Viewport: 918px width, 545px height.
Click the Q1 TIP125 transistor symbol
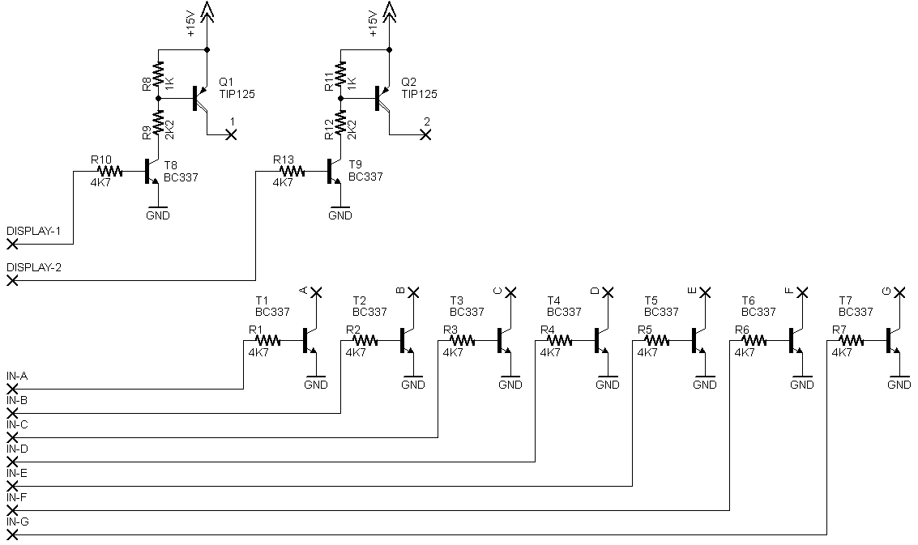[201, 98]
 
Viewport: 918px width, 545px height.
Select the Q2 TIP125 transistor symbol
[383, 98]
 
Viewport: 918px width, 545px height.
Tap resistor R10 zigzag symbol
[109, 172]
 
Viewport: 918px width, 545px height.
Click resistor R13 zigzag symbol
[292, 172]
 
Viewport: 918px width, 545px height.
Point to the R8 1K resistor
[158, 77]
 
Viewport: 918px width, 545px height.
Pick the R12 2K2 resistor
[341, 124]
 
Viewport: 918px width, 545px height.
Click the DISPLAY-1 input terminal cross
[12, 244]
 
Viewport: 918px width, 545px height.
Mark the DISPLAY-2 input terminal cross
[12, 280]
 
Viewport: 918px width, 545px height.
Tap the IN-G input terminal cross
[12, 535]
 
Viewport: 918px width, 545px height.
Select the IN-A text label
[17, 376]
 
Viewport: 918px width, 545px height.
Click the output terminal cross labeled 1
[232, 135]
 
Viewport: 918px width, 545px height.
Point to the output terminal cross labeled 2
[426, 135]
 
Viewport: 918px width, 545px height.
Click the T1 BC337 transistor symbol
[310, 341]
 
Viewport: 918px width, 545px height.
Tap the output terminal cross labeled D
[608, 292]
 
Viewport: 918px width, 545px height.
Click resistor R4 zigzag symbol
[559, 341]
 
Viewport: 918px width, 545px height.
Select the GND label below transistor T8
[158, 215]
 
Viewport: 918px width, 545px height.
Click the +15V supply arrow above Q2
[390, 11]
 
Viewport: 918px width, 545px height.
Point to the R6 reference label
[742, 330]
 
